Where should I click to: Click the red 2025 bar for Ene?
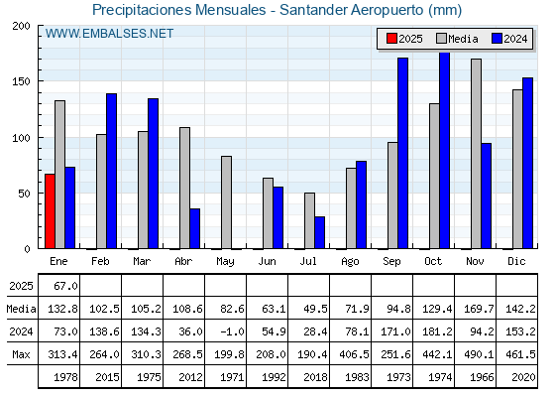tap(50, 211)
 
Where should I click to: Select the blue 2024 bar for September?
tap(402, 153)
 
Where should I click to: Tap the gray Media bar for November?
tap(476, 154)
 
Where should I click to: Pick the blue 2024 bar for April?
tap(194, 228)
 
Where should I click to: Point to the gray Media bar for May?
tap(227, 202)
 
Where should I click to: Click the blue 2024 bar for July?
tap(319, 232)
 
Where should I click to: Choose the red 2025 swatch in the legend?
tap(391, 39)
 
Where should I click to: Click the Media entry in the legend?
tap(457, 39)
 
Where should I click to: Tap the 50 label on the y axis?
tap(25, 194)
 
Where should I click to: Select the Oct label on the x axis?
tap(433, 262)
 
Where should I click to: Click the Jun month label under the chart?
tap(267, 262)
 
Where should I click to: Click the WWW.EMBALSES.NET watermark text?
tap(109, 34)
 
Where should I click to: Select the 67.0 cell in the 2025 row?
tap(65, 286)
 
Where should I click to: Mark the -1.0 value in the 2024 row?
tap(232, 331)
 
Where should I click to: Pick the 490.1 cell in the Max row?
tap(479, 354)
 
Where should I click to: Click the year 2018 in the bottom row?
tap(315, 377)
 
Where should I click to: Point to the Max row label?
tap(21, 354)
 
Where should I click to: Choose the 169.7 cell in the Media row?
tap(479, 309)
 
